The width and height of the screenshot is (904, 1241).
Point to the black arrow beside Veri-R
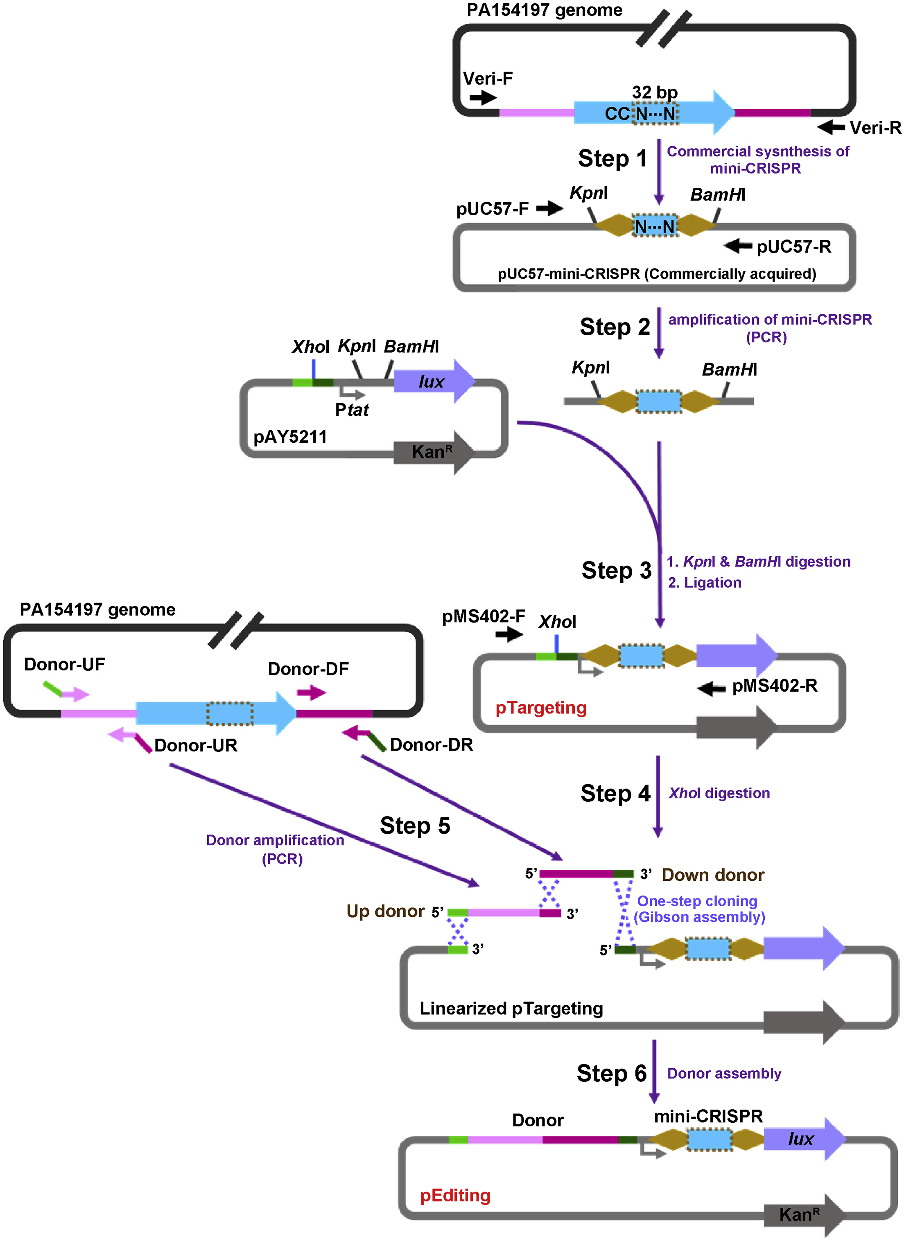click(x=831, y=127)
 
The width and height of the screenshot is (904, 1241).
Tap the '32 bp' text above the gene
click(x=655, y=92)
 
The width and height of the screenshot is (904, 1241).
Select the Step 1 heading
click(x=612, y=159)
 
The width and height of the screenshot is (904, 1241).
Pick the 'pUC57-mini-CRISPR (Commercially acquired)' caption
click(x=656, y=273)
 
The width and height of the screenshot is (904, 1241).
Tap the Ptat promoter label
click(x=352, y=409)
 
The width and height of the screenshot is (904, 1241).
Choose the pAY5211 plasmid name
click(x=290, y=437)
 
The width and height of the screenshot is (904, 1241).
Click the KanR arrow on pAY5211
click(x=432, y=452)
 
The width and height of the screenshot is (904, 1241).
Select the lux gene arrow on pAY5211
click(x=432, y=381)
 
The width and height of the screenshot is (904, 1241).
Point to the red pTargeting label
click(x=541, y=708)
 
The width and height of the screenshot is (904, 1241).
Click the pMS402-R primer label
click(x=774, y=686)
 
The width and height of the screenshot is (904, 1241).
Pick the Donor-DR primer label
click(x=431, y=745)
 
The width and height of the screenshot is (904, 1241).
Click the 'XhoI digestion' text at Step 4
click(x=719, y=793)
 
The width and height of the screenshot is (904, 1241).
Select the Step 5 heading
click(x=415, y=826)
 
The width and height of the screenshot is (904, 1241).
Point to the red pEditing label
click(x=455, y=1195)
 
